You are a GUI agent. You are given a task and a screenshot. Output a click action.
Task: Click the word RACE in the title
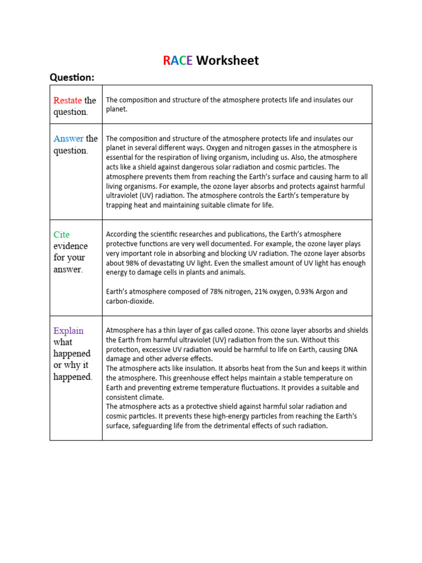point(177,60)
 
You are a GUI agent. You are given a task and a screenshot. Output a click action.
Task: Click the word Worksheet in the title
point(227,60)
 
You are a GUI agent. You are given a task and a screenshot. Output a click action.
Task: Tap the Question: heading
point(72,78)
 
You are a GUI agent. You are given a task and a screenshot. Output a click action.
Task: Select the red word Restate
point(68,100)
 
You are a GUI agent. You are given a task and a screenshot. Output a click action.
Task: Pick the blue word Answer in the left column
point(69,139)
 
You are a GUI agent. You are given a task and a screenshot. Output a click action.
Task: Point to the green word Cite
point(62,234)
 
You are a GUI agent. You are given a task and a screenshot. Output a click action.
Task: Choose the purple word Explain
point(69,330)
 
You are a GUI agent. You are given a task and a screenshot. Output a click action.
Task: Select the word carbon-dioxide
point(130,301)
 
